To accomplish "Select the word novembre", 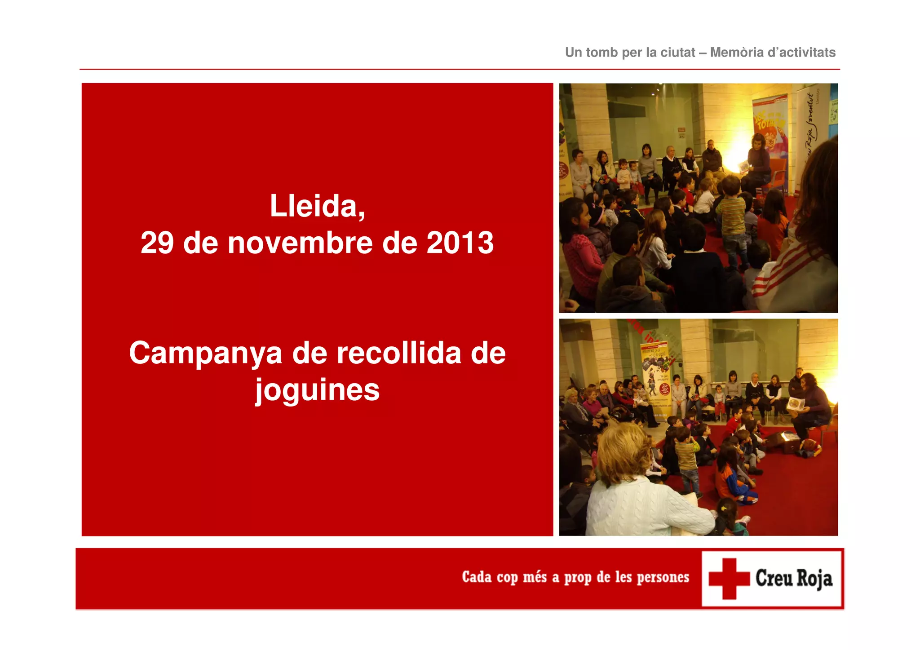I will point(300,243).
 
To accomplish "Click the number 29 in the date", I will point(157,243).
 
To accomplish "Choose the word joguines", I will point(317,390).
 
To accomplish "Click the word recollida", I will point(399,353).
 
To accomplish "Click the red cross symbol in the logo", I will point(729,579).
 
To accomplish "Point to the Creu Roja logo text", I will point(793,579).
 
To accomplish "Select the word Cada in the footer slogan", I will point(477,577).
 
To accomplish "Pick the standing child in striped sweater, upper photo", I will point(731,216).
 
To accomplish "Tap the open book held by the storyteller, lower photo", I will point(796,403).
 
